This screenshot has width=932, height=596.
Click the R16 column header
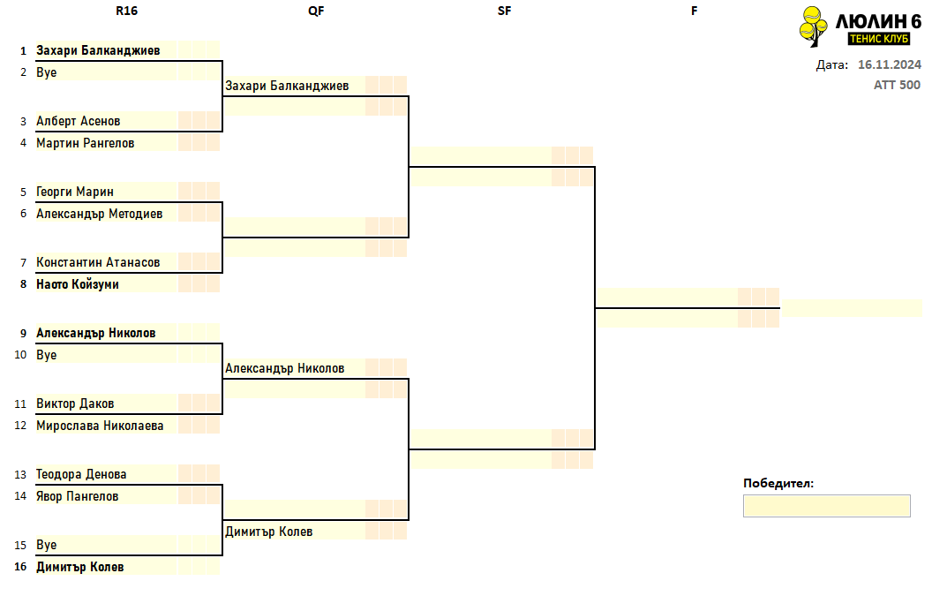(126, 11)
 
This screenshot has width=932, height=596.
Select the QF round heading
(316, 11)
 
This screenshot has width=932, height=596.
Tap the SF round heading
(504, 11)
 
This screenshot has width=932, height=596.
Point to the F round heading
(694, 11)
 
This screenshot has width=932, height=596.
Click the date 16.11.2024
(890, 64)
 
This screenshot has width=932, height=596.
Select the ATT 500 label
(897, 85)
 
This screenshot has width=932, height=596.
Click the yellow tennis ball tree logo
(813, 26)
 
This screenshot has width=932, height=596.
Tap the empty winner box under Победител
(826, 506)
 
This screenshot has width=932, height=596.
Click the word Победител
(778, 483)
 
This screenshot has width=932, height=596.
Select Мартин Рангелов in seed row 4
(85, 143)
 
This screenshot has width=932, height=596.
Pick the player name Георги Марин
(75, 192)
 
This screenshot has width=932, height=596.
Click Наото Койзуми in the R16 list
(78, 284)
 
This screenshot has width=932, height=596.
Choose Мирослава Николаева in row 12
(100, 426)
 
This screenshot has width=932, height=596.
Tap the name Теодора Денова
(81, 474)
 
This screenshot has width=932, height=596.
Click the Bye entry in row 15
(47, 545)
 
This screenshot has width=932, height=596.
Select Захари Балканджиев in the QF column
(287, 86)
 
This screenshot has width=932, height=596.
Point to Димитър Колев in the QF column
(268, 532)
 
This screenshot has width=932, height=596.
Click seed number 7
(23, 262)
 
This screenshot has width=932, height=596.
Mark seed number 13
(21, 475)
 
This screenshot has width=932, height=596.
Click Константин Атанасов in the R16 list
(98, 262)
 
